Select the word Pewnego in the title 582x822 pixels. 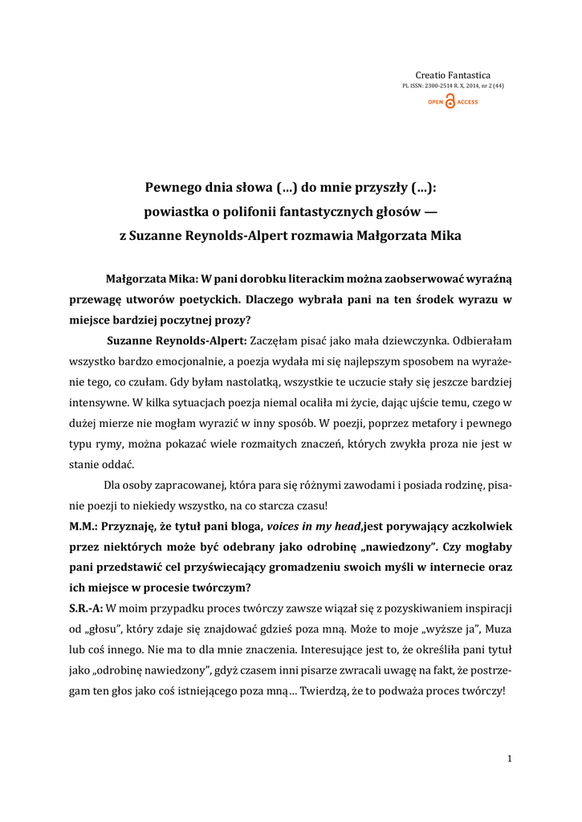tap(173, 189)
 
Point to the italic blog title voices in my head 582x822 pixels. tap(315, 527)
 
